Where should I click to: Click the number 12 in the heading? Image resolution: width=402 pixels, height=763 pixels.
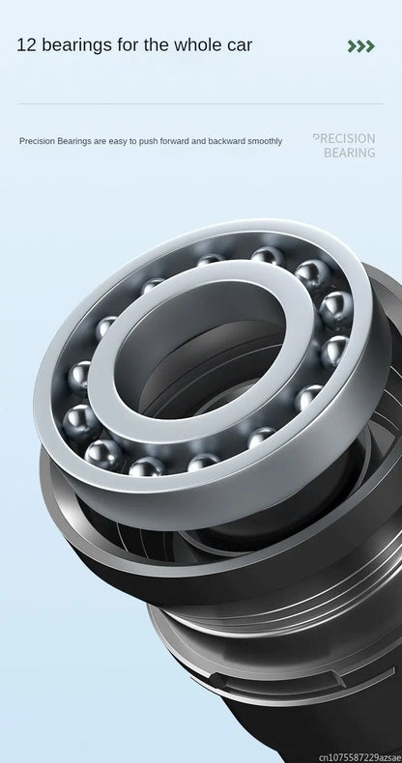click(26, 44)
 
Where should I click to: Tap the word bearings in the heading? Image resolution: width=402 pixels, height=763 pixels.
click(77, 45)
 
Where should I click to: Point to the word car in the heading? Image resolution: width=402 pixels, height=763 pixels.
click(240, 45)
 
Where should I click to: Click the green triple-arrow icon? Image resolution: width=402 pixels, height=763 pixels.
click(361, 46)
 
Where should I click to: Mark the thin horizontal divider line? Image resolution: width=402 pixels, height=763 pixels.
click(200, 103)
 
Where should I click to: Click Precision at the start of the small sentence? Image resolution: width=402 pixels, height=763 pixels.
click(37, 141)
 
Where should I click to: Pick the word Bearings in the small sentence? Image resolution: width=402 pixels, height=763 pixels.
click(75, 142)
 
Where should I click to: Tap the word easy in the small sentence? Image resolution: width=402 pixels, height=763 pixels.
click(116, 142)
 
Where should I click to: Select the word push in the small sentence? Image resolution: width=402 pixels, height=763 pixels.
click(146, 142)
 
